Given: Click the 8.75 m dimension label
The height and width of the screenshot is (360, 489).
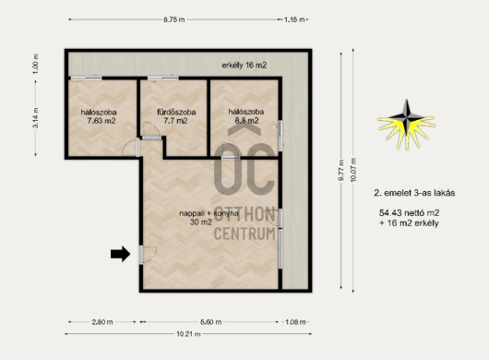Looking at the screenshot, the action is [174, 19].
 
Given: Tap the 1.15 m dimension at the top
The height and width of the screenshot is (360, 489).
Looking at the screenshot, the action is [294, 19].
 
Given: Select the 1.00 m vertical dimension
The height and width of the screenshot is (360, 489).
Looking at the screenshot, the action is [36, 64].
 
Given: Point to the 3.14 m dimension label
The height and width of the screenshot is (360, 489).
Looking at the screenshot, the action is [36, 117].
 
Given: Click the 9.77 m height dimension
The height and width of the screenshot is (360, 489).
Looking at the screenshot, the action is [340, 170].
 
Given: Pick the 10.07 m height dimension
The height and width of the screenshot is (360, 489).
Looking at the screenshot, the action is [353, 170].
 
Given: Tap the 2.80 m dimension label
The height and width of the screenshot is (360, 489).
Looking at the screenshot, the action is [102, 322].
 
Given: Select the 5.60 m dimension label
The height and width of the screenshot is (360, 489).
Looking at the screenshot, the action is [210, 322].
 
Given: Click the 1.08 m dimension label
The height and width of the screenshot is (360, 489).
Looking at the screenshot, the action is [295, 322].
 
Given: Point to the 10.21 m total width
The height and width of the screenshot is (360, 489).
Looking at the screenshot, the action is [188, 334].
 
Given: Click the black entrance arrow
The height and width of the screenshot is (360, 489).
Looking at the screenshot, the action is [120, 254].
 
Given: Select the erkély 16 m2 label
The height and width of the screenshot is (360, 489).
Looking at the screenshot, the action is [244, 66].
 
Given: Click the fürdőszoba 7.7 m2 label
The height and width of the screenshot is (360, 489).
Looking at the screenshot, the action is [176, 116].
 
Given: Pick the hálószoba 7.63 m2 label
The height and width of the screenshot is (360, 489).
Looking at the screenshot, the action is [99, 116].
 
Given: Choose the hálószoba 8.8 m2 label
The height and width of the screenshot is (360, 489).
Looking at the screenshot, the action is [246, 116].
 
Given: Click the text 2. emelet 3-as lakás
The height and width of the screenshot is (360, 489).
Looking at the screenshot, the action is [414, 193].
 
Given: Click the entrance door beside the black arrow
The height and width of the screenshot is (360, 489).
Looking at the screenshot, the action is [142, 255].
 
